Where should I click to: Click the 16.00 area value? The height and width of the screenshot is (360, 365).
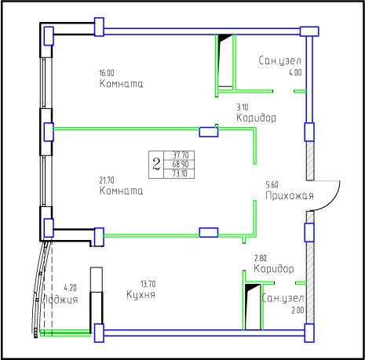pos(107,73)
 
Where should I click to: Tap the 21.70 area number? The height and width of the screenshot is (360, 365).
pos(107,180)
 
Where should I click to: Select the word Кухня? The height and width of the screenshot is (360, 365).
pos(141,295)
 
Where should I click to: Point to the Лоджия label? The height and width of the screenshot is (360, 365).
pos(60,300)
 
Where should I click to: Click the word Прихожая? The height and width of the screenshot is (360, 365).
pos(290,195)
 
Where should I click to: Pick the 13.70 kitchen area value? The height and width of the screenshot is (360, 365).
pos(148,284)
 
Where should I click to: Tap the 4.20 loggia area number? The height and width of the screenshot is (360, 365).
pos(71,288)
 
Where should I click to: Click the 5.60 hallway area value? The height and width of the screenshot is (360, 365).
pos(272,185)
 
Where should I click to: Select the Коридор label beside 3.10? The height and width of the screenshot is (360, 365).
pos(256,118)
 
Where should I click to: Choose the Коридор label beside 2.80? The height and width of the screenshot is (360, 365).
pos(274,268)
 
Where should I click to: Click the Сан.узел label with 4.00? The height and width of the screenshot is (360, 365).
pos(280,60)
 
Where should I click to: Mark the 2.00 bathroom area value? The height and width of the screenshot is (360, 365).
pos(297,311)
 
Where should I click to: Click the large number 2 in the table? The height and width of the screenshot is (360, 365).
pos(156,165)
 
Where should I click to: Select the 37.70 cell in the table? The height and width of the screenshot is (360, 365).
pos(181,155)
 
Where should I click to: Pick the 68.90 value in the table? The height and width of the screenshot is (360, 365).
pos(181,164)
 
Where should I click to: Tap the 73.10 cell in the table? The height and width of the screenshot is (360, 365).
pos(180,173)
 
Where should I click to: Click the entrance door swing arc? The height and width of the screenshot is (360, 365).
pos(333,203)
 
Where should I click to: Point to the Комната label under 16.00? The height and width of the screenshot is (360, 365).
pos(121,84)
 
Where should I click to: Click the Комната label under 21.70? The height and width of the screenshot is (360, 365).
pos(121,191)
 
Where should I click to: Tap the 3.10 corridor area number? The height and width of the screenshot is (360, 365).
pos(243,107)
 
